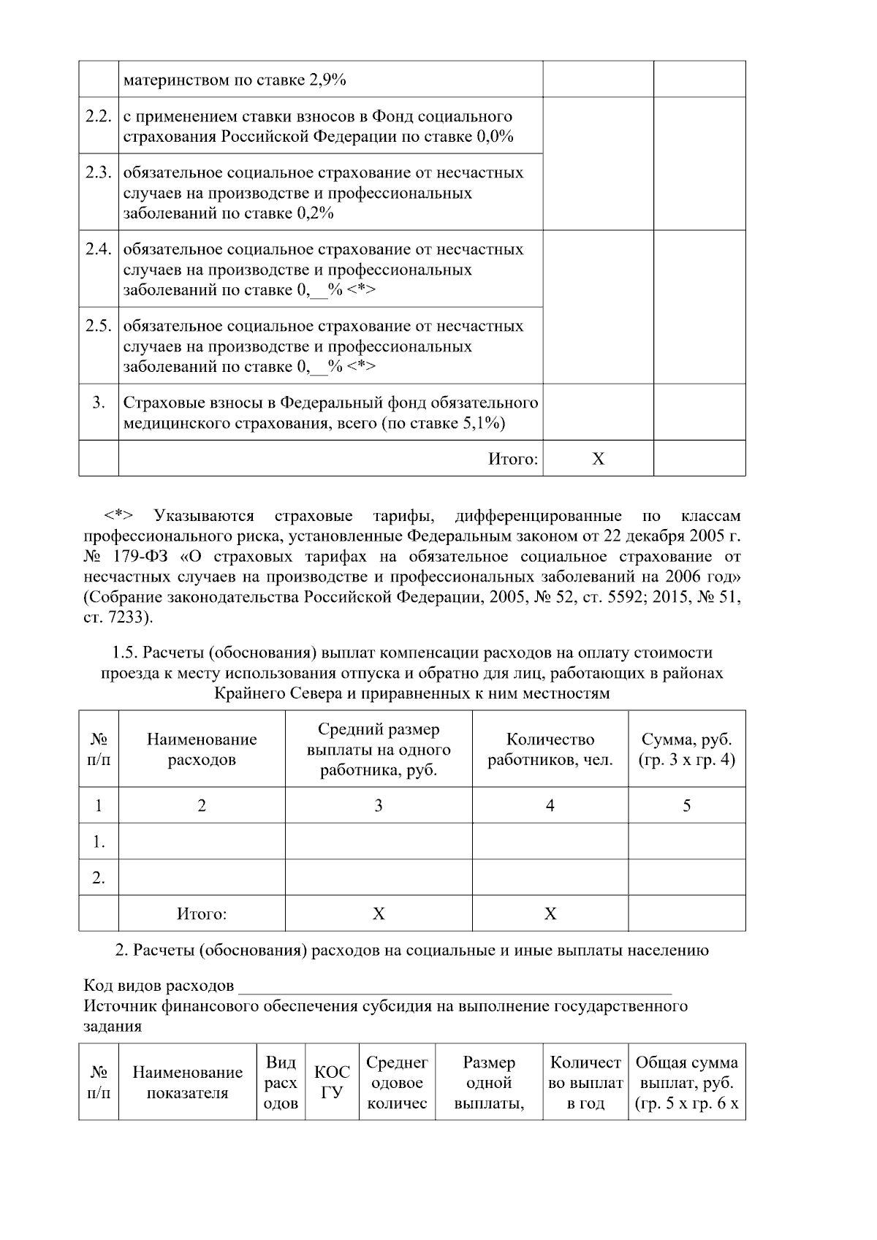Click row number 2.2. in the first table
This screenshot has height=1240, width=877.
(x=98, y=117)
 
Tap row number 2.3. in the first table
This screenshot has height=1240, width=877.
(x=98, y=173)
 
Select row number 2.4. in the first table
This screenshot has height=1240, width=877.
(x=98, y=250)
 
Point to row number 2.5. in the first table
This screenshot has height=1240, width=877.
(x=98, y=327)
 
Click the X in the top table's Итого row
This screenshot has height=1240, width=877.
(x=598, y=459)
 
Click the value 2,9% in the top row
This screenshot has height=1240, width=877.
(x=327, y=80)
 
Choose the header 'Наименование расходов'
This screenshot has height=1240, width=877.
(x=202, y=749)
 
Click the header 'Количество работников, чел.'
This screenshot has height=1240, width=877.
(x=550, y=749)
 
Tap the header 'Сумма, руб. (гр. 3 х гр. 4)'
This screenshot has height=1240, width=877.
(x=686, y=749)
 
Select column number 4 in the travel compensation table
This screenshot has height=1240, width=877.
(x=550, y=805)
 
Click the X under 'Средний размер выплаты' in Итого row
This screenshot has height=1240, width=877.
(x=379, y=913)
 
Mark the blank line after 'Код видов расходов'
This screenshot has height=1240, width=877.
(x=455, y=988)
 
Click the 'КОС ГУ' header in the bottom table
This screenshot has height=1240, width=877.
(x=332, y=1082)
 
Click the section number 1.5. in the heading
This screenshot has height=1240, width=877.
(x=125, y=653)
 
